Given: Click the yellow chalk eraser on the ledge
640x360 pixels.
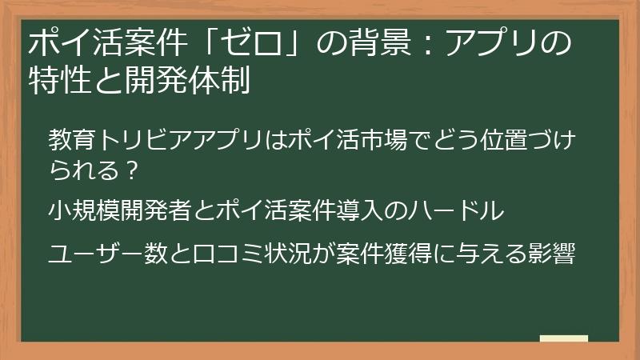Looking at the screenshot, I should pyautogui.click(x=563, y=338).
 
